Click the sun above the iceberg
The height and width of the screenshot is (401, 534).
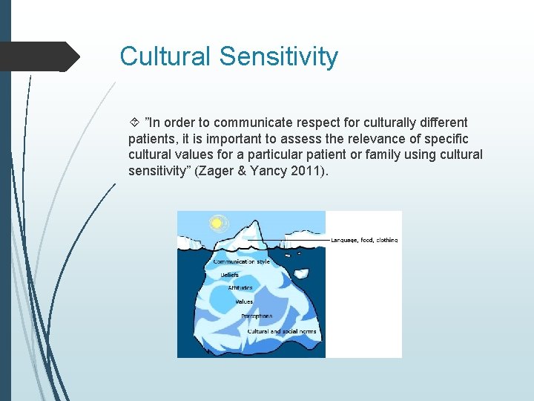217,222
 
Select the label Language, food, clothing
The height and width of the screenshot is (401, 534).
363,240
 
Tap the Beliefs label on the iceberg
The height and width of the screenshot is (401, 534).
229,275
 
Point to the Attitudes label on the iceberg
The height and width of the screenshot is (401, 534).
240,288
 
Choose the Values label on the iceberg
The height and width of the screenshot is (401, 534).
244,302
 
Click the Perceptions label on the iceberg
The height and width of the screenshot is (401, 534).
256,316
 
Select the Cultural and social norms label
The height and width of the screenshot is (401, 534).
282,331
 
